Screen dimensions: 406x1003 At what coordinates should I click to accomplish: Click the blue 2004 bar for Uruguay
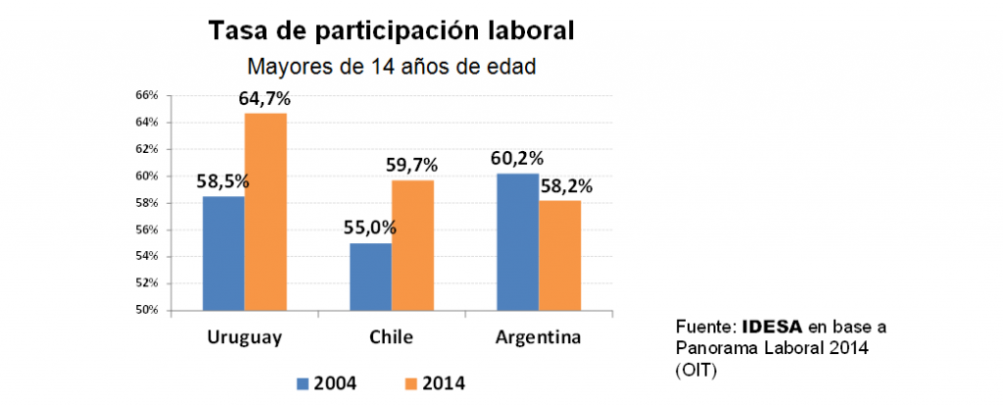223,253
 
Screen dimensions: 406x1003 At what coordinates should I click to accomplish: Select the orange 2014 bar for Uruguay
265,212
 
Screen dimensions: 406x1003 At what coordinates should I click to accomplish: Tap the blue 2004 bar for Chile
370,277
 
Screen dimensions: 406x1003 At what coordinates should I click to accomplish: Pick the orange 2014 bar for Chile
412,245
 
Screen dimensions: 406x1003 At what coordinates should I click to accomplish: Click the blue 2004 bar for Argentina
517,241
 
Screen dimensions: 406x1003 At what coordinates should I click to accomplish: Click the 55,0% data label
369,228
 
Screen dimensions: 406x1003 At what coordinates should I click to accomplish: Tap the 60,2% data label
516,159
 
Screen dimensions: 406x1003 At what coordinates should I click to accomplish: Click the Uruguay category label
245,338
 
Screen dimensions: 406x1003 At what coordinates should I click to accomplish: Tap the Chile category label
391,338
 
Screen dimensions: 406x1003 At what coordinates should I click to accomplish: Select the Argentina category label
538,338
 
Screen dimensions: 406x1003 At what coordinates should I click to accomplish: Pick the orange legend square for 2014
409,382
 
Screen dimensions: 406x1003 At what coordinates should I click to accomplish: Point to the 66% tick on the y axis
147,95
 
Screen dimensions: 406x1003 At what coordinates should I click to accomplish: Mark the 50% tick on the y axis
147,310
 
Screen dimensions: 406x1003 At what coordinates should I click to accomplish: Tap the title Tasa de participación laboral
391,30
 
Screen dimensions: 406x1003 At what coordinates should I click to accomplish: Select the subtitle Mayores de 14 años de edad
391,68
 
